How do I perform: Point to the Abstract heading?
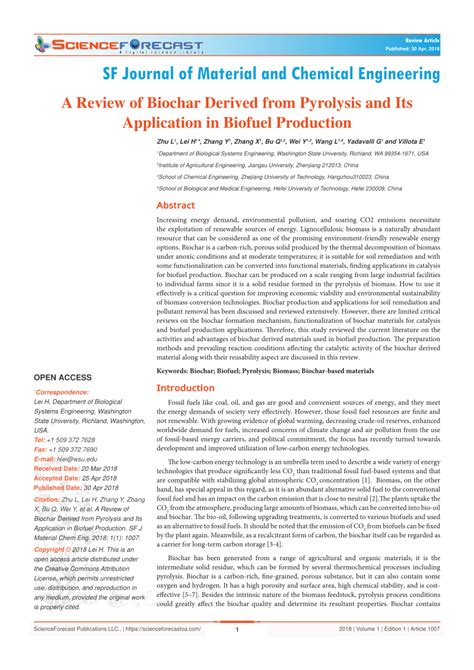click(x=176, y=205)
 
